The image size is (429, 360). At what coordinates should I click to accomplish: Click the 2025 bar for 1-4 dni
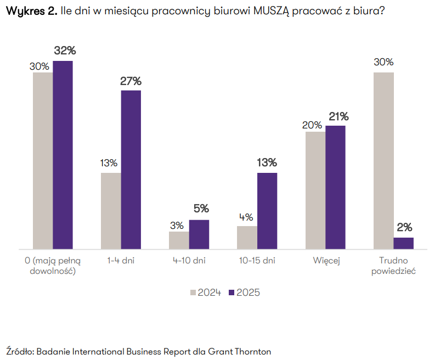pos(131,170)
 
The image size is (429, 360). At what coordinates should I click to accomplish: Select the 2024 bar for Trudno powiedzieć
pos(383,161)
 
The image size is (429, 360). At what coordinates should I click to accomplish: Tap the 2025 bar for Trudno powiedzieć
pos(404,244)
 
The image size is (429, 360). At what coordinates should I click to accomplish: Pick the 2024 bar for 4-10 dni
pos(179,240)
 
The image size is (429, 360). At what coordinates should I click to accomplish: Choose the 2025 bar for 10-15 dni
pos(267,211)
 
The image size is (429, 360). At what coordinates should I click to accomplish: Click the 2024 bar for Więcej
pos(315,190)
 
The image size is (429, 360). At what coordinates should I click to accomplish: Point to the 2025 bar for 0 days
pos(63,155)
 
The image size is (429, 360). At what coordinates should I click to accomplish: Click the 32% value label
pos(65,50)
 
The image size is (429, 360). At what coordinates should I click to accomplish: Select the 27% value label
pos(131,81)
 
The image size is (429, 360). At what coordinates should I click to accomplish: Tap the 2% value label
pos(404,228)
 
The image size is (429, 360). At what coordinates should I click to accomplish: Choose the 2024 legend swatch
pos(193,293)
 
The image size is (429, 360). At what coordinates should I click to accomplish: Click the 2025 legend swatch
pos(232,293)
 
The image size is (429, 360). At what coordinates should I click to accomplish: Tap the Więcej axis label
pos(327,261)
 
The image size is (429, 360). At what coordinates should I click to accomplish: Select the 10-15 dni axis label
pos(257,261)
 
